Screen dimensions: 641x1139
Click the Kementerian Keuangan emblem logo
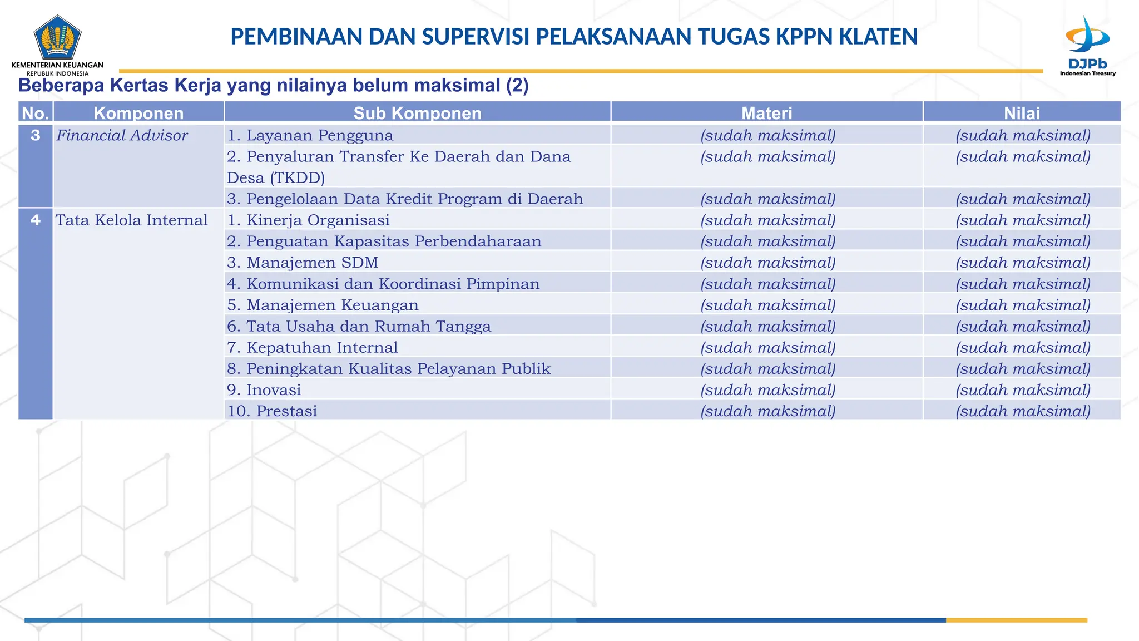coord(57,37)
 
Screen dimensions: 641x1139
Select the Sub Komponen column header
coord(417,113)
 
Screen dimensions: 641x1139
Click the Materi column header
coord(766,113)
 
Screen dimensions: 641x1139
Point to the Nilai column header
coord(1022,113)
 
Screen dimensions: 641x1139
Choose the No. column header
coord(36,113)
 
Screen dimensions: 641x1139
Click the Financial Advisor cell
coord(122,135)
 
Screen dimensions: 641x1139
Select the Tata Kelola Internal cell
coord(131,220)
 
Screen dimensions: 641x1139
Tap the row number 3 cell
coord(36,135)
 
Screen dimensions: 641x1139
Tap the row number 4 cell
coord(36,220)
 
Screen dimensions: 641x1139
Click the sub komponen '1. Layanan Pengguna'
coord(310,135)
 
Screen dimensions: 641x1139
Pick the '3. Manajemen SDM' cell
coord(303,263)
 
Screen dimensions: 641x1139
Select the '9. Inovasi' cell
coord(264,390)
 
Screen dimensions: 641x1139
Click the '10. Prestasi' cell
coord(272,411)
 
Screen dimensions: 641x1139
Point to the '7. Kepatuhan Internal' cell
coord(312,348)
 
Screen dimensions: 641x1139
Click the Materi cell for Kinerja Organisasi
coord(767,220)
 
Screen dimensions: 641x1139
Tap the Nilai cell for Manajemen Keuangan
coord(1023,305)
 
